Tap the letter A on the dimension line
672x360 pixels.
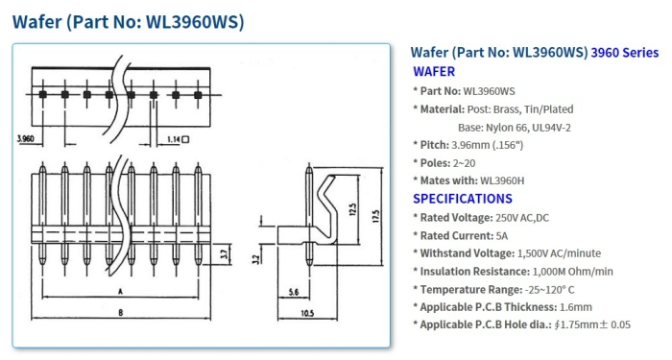tap(117, 289)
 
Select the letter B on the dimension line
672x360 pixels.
tap(117, 313)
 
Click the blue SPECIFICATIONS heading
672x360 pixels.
tap(462, 199)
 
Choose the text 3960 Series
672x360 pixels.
tap(625, 52)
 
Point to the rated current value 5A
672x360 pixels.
tap(503, 235)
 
